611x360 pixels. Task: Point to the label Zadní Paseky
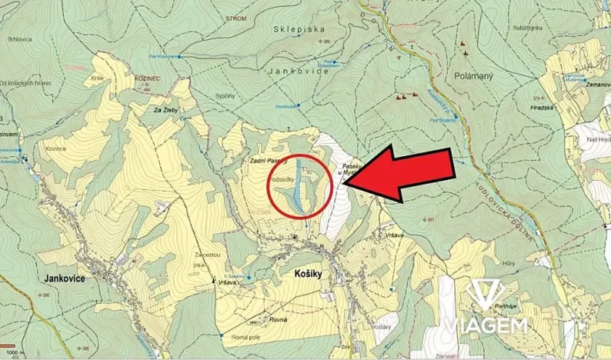pyautogui.click(x=268, y=160)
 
